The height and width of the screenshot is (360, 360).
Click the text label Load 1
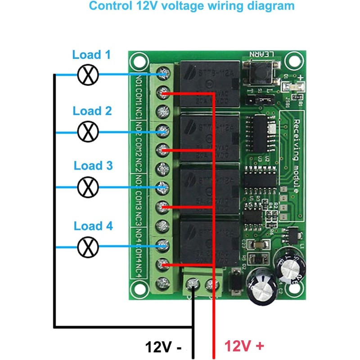point(91,55)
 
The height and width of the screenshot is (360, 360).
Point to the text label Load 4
point(93,226)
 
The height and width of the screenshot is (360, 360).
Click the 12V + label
point(243,346)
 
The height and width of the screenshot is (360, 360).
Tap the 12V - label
point(163,347)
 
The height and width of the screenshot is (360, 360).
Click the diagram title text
point(192,7)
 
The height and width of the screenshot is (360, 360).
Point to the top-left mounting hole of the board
point(137,60)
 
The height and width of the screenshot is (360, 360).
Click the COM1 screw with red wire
point(163,93)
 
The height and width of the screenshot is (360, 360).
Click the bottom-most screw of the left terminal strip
point(163,284)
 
